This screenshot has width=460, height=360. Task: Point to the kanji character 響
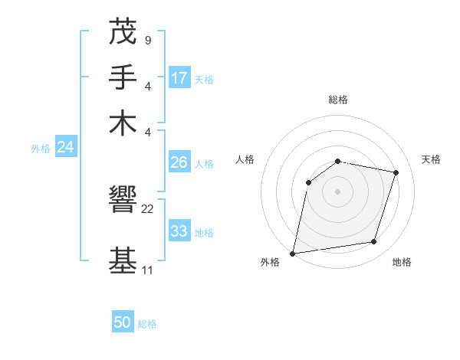tap(123, 201)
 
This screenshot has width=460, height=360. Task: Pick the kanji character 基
tap(123, 260)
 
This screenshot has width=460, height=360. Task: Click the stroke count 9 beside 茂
tap(147, 40)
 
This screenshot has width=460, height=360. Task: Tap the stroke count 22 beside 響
tap(148, 209)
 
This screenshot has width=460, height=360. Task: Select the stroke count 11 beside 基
tap(147, 270)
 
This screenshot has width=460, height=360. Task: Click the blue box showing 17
tap(179, 78)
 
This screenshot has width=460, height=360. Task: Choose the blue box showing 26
tap(179, 162)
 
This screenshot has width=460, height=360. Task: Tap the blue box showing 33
tap(179, 231)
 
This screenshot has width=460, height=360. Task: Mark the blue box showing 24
tap(65, 148)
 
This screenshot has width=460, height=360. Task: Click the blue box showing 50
tap(123, 322)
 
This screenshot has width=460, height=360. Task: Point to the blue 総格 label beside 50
tap(147, 324)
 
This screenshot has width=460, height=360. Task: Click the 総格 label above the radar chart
tap(337, 100)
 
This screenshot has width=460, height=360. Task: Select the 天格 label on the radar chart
tap(431, 159)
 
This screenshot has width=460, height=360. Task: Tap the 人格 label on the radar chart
tap(245, 159)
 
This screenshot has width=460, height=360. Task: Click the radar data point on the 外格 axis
tap(293, 253)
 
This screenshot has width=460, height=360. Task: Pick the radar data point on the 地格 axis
tap(374, 242)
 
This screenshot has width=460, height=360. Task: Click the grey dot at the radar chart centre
tap(337, 191)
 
